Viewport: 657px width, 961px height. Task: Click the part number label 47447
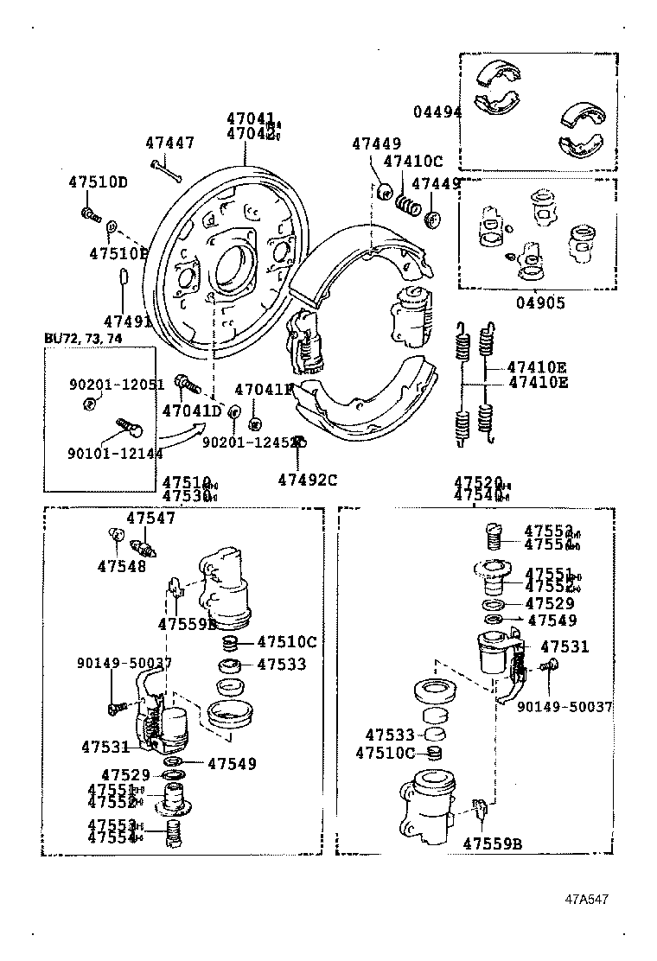tap(169, 143)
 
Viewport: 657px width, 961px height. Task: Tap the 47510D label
tap(98, 182)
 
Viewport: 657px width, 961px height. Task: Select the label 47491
tap(127, 321)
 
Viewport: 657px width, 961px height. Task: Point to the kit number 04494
tap(437, 112)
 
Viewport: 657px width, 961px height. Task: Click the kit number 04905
tap(540, 303)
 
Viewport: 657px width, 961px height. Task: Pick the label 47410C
tap(412, 161)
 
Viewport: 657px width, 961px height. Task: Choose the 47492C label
tap(307, 478)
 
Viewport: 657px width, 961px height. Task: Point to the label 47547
tap(150, 519)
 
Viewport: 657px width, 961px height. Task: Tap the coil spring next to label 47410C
tap(407, 204)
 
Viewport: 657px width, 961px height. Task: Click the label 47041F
tap(264, 390)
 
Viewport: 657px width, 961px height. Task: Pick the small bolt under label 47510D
tap(90, 212)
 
